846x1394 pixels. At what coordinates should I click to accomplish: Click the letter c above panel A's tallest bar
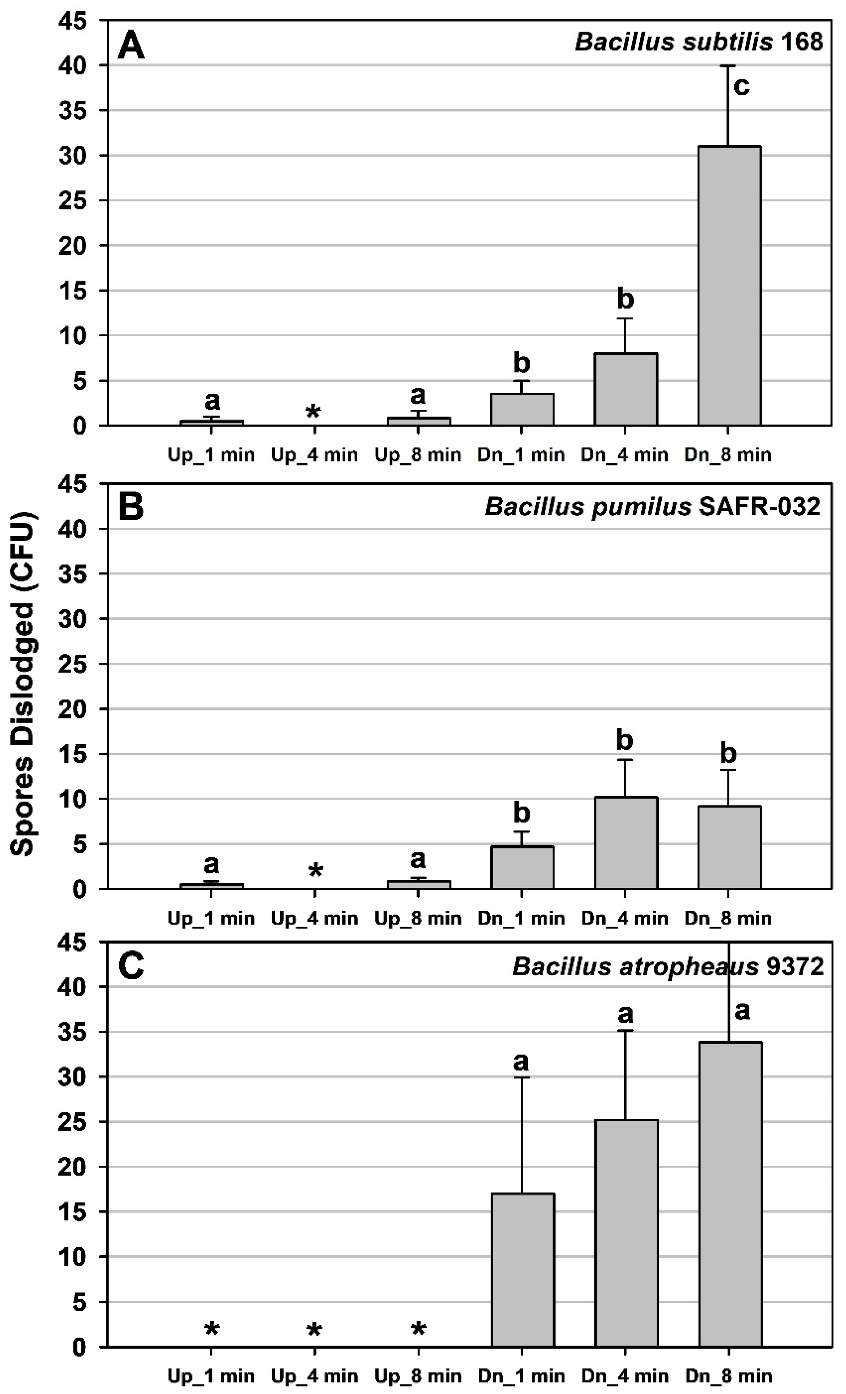tap(741, 86)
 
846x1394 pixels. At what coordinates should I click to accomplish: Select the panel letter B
tap(131, 507)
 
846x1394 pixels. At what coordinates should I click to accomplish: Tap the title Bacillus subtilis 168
tap(698, 42)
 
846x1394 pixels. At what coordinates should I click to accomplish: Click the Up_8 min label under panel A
tap(418, 454)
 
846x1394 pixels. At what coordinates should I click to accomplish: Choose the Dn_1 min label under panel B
tap(521, 918)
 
